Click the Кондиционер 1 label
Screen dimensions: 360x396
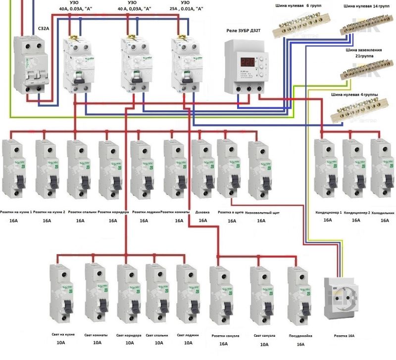pyautogui.click(x=329, y=212)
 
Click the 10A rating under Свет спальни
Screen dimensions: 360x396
pyautogui.click(x=159, y=342)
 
